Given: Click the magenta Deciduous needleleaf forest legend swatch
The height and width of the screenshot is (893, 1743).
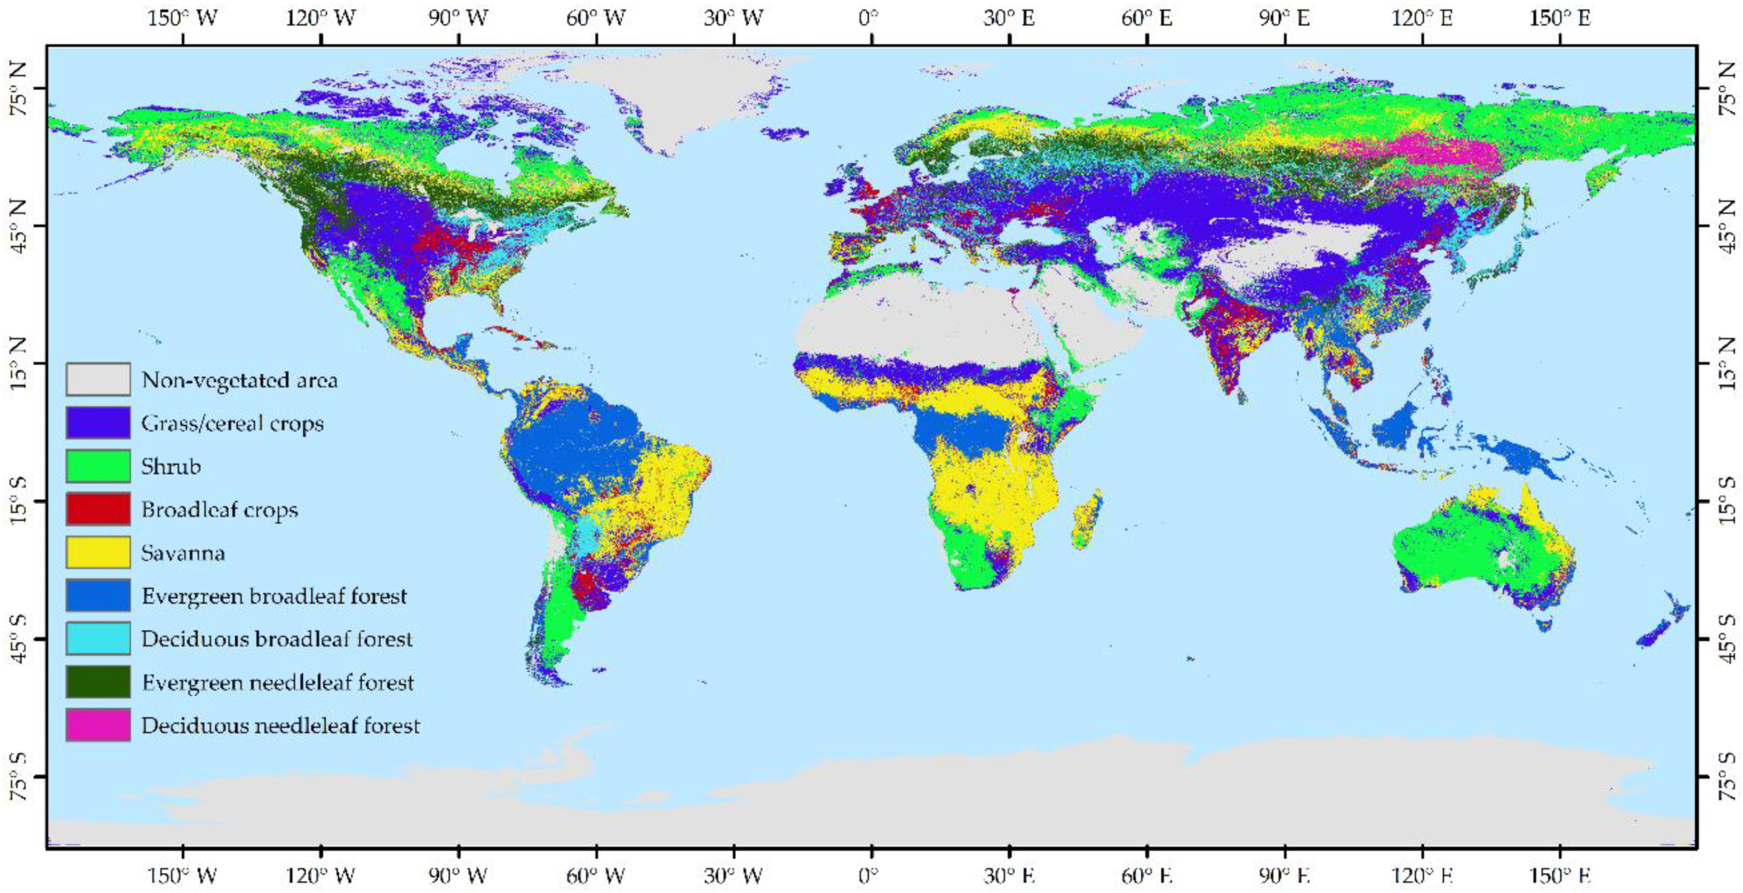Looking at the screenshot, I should [98, 725].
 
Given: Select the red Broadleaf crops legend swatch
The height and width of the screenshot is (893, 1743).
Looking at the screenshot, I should [98, 509].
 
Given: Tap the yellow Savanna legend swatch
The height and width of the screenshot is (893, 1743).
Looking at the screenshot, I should [98, 552].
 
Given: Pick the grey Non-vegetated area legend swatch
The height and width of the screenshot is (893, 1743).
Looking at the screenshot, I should [98, 379].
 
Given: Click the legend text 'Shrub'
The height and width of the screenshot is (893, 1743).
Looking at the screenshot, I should [171, 466].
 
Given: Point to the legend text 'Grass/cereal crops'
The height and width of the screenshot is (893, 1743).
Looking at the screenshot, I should [232, 424].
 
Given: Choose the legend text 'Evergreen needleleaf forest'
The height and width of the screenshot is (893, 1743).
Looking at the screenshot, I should [278, 682].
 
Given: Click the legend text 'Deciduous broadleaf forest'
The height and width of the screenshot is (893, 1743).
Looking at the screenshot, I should [277, 639].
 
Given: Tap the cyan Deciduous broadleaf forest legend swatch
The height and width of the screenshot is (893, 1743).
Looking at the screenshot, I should [98, 639].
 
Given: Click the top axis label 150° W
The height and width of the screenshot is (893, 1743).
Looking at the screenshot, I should [182, 17].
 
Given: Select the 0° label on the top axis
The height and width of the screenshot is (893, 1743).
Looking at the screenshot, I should [870, 17].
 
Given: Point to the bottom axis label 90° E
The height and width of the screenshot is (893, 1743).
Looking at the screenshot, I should [1283, 876].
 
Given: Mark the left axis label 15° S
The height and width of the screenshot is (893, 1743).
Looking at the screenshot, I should [18, 501].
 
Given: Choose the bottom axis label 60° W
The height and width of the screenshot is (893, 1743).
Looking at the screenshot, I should [595, 876].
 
